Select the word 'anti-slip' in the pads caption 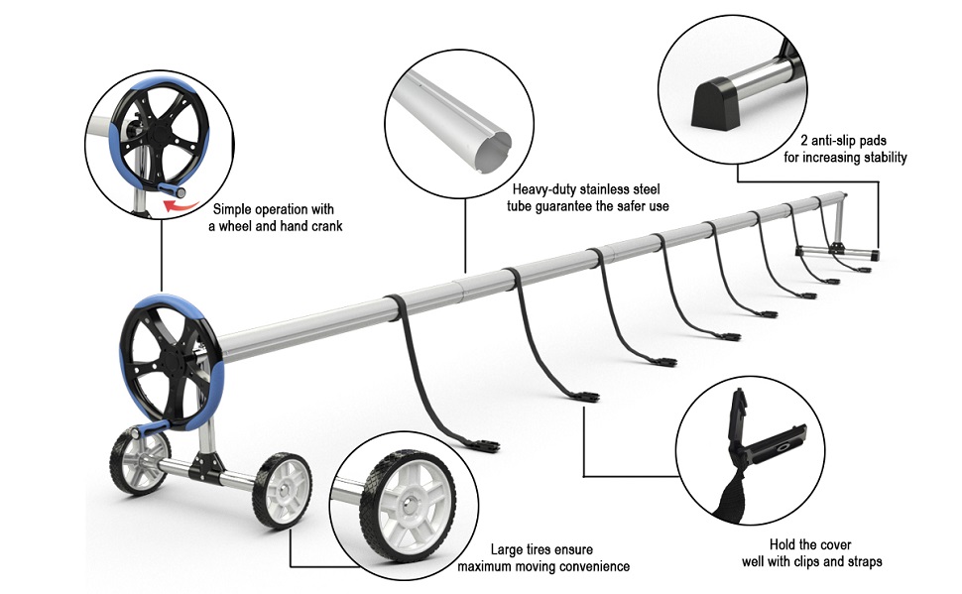point(835,141)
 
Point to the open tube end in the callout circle point(493,153)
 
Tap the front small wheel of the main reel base point(283,491)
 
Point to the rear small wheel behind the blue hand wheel point(139,461)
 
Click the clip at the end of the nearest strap point(485,445)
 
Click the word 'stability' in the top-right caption point(886,158)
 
